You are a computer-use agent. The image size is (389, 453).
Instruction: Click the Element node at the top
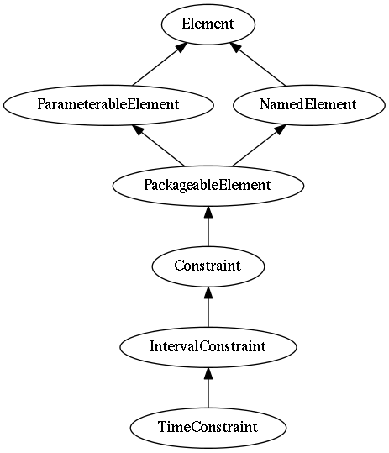pos(208,24)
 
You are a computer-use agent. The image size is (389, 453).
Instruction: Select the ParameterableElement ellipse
pos(108,105)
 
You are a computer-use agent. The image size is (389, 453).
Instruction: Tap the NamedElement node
pos(309,105)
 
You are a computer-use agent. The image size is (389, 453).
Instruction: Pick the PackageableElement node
pos(208,186)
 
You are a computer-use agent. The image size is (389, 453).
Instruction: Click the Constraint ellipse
pos(208,266)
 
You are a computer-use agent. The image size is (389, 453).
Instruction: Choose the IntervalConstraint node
pos(208,347)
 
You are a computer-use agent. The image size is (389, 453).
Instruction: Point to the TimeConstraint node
pos(208,428)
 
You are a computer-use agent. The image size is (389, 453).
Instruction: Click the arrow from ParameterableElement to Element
pos(160,64)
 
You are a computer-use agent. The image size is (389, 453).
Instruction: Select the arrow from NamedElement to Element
pos(258,64)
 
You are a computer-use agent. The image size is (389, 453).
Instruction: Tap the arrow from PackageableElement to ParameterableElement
pos(158,145)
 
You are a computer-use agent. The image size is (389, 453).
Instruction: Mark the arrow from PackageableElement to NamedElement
pos(259,145)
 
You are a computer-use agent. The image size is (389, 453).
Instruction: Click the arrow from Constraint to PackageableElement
pos(208,226)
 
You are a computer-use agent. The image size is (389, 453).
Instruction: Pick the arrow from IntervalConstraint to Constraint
pos(208,307)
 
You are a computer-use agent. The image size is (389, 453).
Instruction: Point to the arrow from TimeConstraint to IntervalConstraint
pos(208,387)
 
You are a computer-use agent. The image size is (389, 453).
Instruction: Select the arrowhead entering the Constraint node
pos(208,292)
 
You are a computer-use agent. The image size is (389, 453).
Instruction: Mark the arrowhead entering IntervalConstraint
pos(208,373)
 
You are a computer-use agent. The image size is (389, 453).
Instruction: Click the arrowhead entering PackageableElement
pos(208,212)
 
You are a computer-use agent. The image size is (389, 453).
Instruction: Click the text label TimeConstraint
pos(208,427)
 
